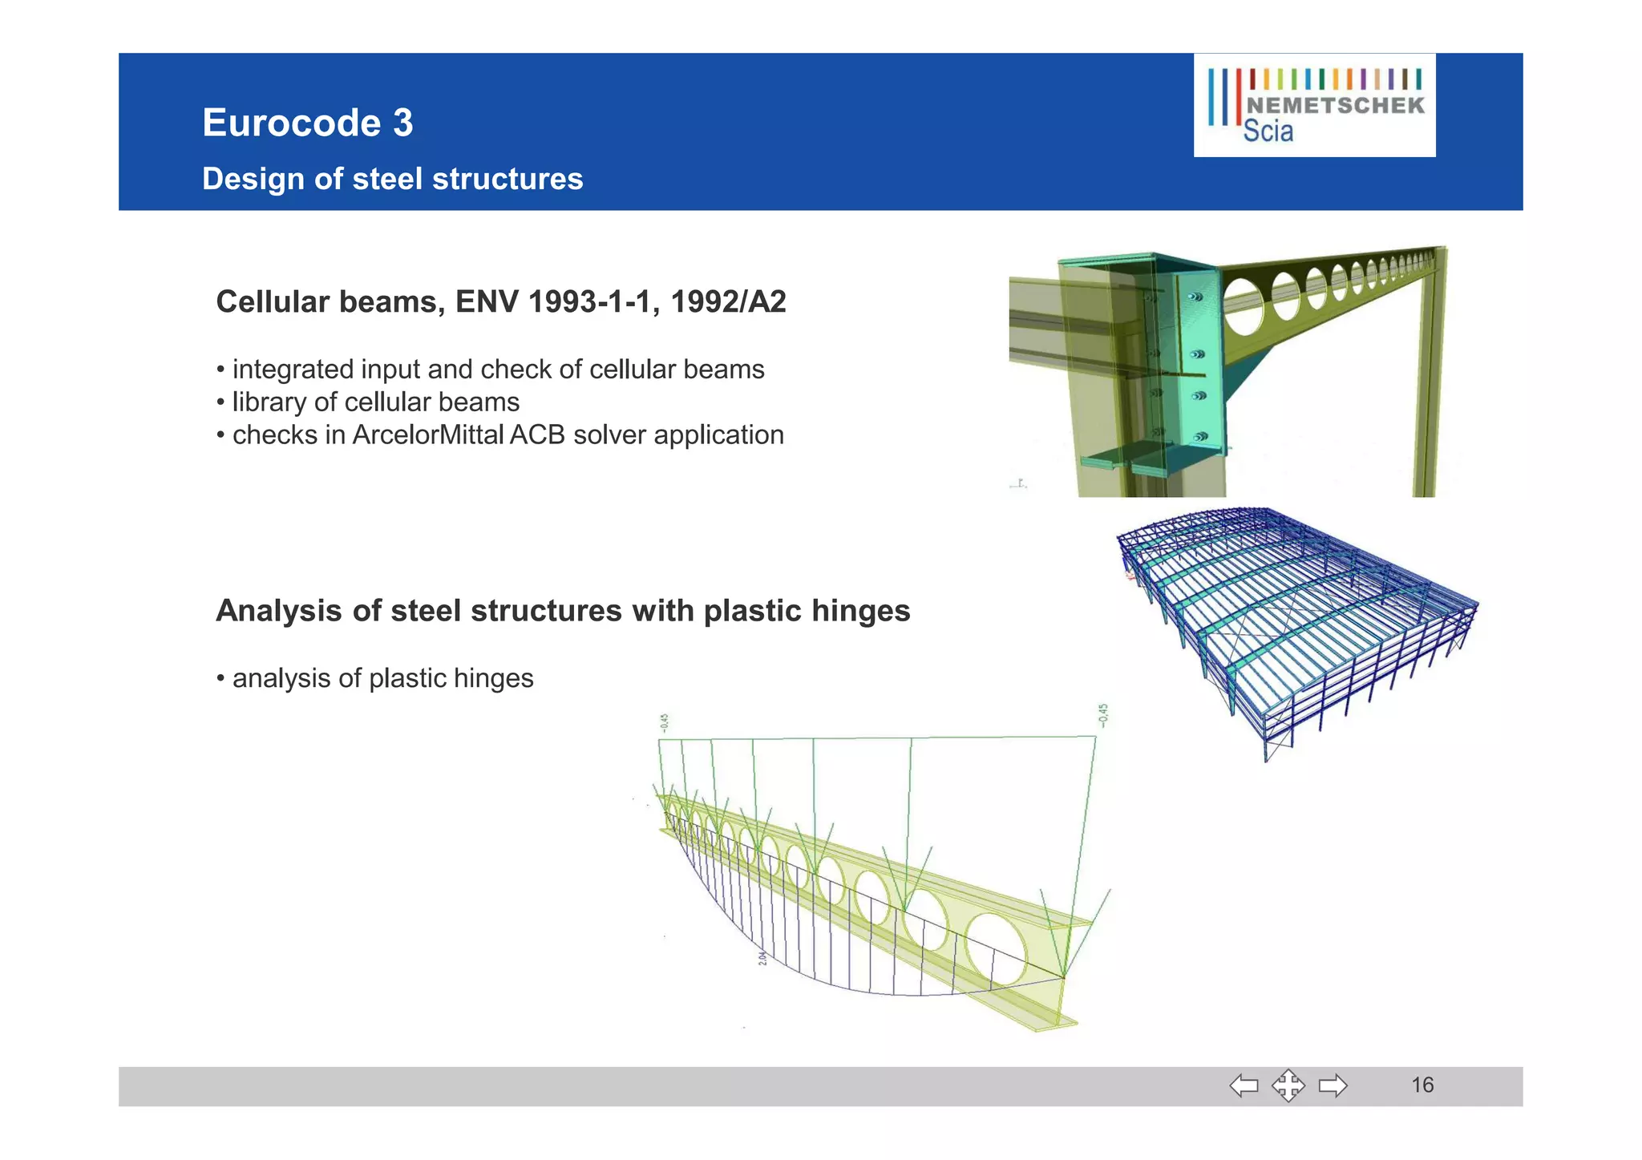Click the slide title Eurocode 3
pyautogui.click(x=307, y=123)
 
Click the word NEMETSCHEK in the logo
pyautogui.click(x=1336, y=106)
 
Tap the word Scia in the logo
pyautogui.click(x=1268, y=131)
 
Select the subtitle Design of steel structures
pyautogui.click(x=392, y=179)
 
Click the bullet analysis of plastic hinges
pyautogui.click(x=382, y=678)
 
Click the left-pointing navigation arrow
pyautogui.click(x=1244, y=1085)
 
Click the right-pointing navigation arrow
pyautogui.click(x=1333, y=1085)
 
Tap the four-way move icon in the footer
pyautogui.click(x=1288, y=1085)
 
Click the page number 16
pyautogui.click(x=1422, y=1085)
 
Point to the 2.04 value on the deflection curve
pyautogui.click(x=762, y=957)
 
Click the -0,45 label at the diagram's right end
pyautogui.click(x=1103, y=714)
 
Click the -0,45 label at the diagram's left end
pyautogui.click(x=664, y=723)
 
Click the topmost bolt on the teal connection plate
pyautogui.click(x=1194, y=297)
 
